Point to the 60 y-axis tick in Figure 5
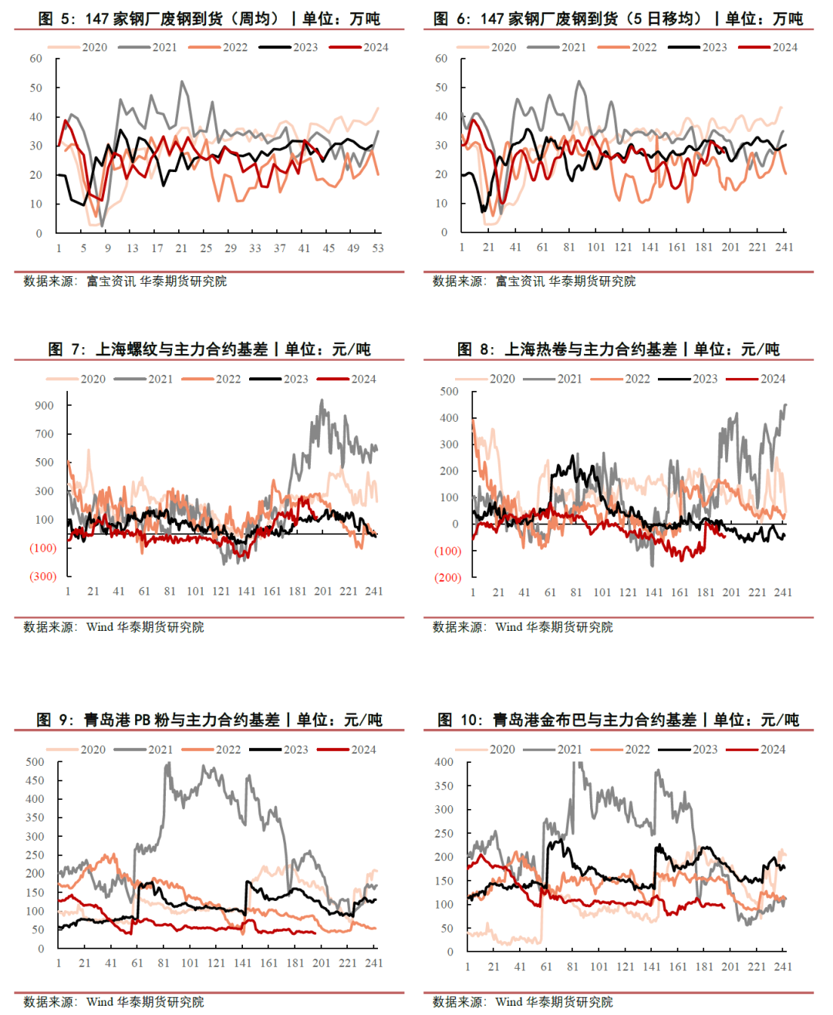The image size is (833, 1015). [x=36, y=59]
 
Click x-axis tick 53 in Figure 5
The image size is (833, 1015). [x=378, y=248]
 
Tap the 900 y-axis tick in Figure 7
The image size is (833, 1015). [x=45, y=406]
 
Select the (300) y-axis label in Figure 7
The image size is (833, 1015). [x=43, y=576]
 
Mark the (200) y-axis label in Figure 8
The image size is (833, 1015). [x=448, y=578]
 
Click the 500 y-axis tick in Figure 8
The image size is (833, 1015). [x=449, y=391]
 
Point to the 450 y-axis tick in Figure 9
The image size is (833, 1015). [x=35, y=781]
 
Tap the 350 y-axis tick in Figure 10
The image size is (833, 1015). [x=444, y=786]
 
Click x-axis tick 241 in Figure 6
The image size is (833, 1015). [x=784, y=248]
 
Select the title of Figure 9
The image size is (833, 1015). [x=209, y=720]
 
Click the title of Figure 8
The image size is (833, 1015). [x=618, y=349]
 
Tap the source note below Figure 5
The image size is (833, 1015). [x=125, y=282]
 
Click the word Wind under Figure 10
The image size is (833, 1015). [x=508, y=1002]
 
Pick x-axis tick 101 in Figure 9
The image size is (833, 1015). [x=190, y=963]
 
